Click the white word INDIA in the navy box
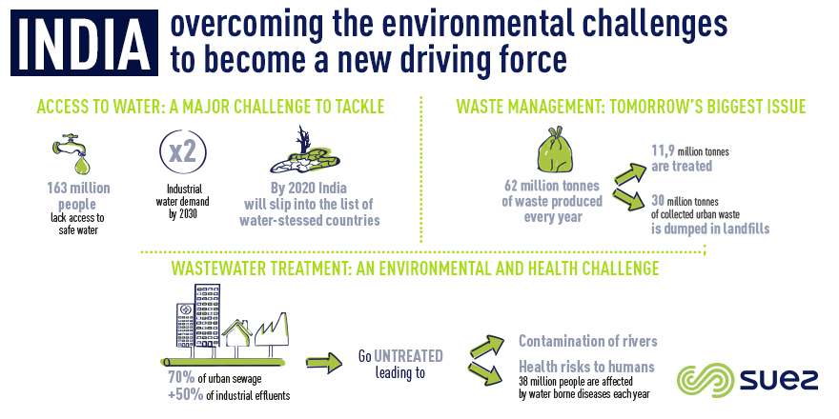click(84, 43)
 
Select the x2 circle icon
click(183, 151)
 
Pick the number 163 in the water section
click(59, 189)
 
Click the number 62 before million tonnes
click(513, 186)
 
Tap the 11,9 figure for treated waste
click(663, 151)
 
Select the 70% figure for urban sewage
click(181, 378)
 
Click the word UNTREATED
click(408, 356)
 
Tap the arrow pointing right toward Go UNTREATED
click(324, 363)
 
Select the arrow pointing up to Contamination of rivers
click(487, 347)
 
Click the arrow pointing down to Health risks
click(486, 373)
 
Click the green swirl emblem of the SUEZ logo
click(706, 380)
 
